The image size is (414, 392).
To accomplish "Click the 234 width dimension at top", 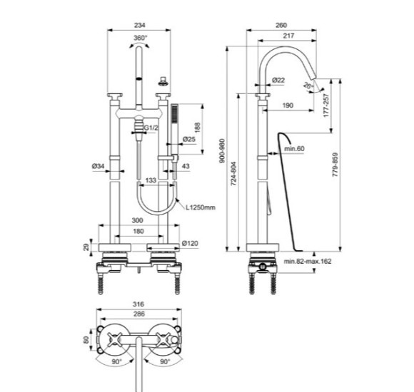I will (x=140, y=24).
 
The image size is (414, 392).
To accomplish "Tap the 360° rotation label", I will (x=140, y=38).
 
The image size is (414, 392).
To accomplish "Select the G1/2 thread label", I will (x=151, y=128).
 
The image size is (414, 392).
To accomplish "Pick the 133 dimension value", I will (x=151, y=180).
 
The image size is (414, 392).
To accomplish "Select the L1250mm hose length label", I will (x=200, y=207).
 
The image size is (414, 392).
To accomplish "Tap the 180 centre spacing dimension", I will (x=140, y=232).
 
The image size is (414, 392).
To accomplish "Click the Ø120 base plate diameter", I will (x=190, y=244).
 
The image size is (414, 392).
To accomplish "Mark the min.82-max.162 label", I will (x=308, y=262).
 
